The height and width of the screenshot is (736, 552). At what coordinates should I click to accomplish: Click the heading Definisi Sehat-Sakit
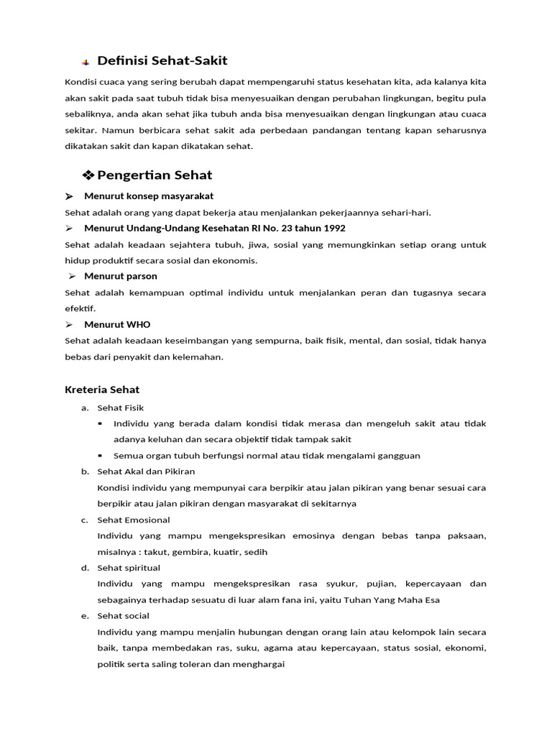click(x=162, y=60)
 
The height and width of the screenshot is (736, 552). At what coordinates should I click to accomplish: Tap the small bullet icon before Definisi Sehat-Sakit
click(x=85, y=62)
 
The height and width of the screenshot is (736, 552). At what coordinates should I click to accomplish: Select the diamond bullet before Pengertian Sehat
click(x=88, y=175)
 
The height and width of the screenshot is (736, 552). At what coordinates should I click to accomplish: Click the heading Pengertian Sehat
click(x=155, y=175)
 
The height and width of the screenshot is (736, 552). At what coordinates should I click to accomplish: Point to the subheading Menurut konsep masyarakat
click(x=148, y=195)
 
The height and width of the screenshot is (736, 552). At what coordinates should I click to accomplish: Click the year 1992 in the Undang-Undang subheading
click(x=332, y=228)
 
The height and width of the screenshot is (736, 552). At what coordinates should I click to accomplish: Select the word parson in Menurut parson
click(x=141, y=276)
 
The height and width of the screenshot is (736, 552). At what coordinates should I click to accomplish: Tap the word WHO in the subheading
click(x=138, y=324)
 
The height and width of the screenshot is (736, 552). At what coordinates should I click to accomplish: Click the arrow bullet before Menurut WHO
click(x=70, y=325)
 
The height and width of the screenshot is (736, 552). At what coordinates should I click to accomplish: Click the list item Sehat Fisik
click(x=120, y=408)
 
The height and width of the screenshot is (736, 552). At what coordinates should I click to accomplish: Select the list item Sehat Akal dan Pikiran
click(x=146, y=471)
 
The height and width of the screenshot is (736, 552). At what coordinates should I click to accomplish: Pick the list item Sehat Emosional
click(x=133, y=520)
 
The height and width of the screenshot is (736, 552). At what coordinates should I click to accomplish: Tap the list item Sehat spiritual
click(x=129, y=568)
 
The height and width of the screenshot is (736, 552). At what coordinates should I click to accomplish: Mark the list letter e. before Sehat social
click(x=85, y=616)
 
